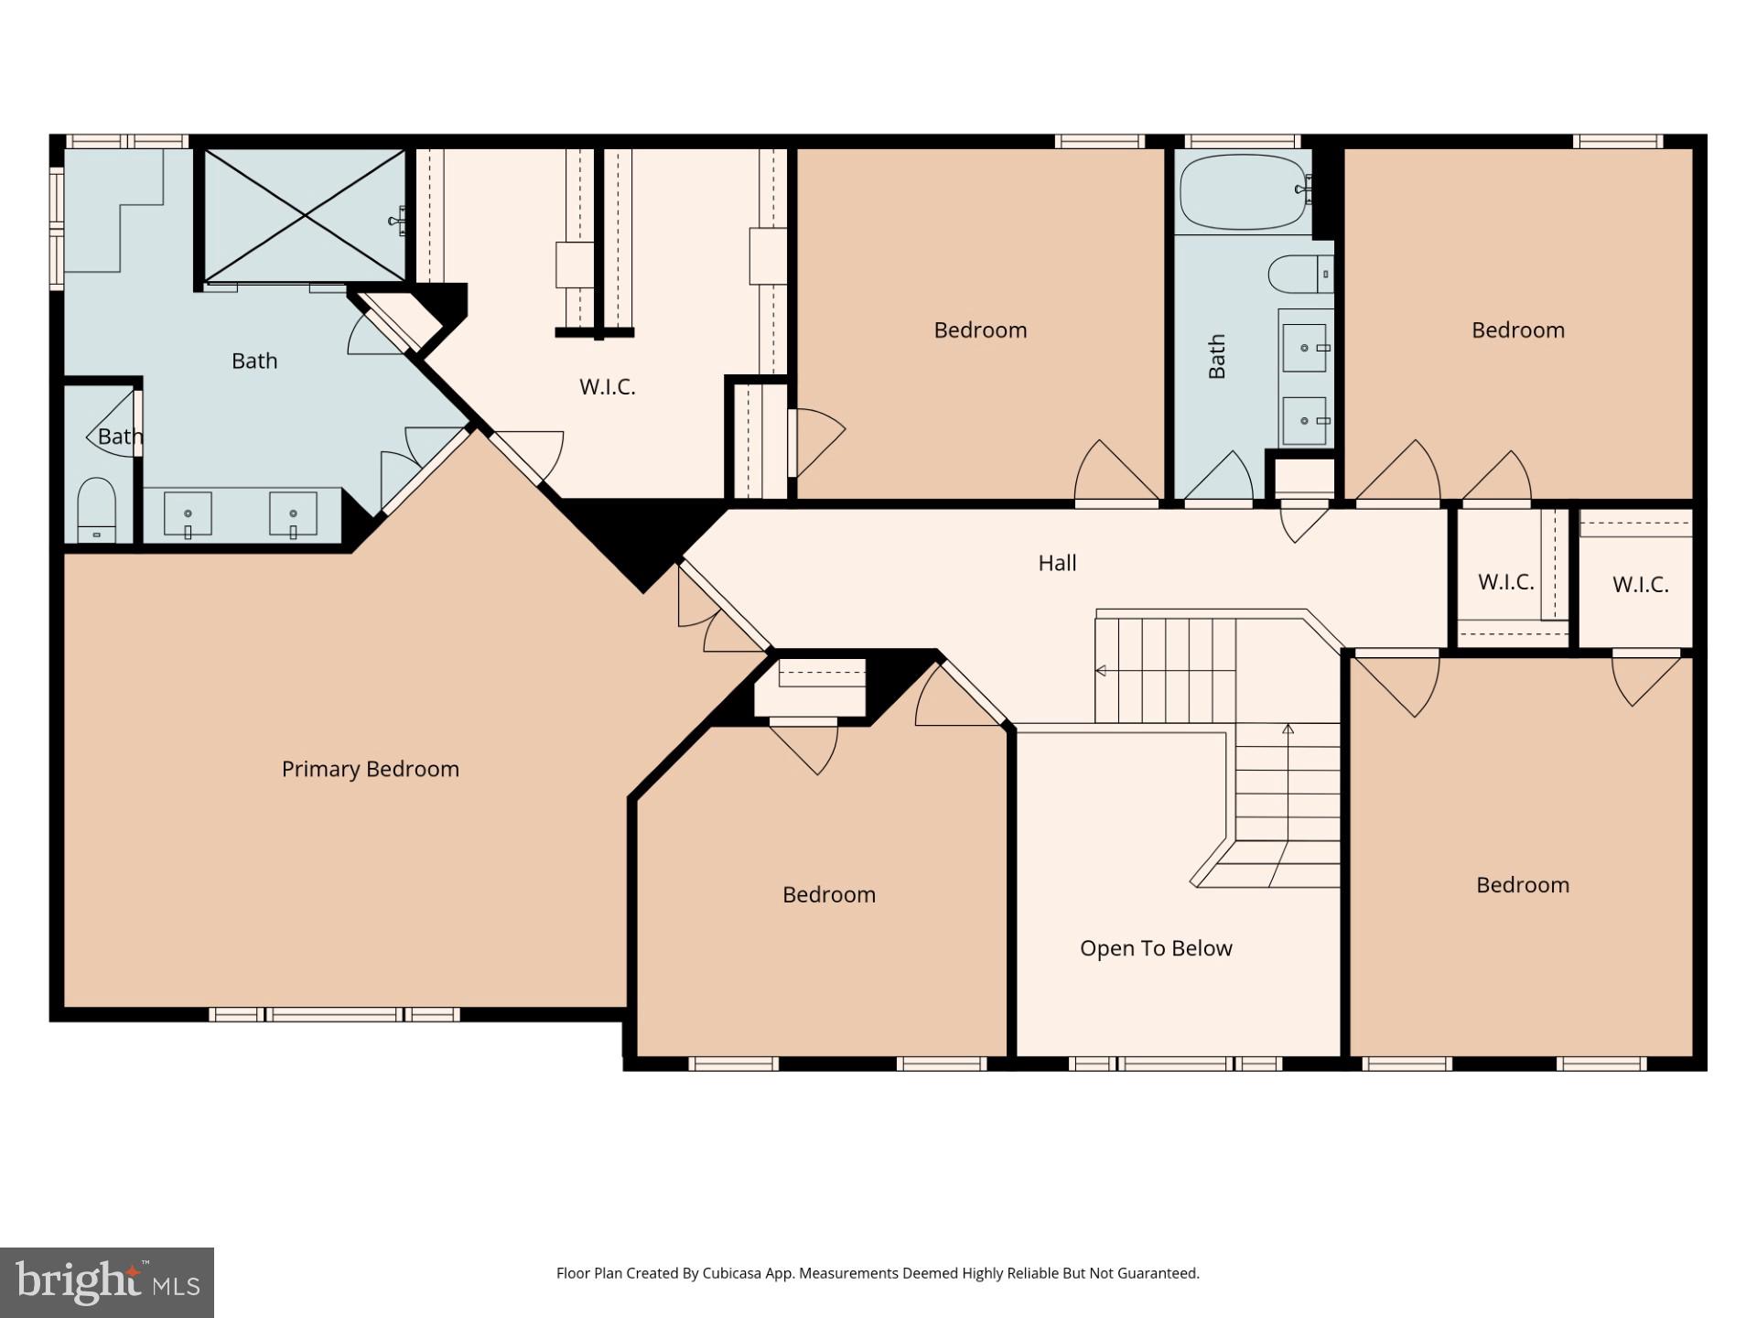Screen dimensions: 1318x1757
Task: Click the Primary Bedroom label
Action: [370, 769]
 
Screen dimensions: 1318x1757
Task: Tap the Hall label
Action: [1057, 563]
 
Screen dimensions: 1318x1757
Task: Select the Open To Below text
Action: [1156, 948]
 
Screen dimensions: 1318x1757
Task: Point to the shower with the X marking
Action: [304, 216]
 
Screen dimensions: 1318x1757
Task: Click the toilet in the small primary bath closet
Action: [96, 509]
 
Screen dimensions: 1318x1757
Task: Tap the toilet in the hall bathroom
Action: [1298, 274]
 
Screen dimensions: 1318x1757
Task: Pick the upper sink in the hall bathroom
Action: [1304, 348]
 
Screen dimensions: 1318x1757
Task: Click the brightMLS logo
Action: [106, 1281]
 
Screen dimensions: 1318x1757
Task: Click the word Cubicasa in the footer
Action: [728, 1273]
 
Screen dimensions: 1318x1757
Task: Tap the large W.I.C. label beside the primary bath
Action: [607, 387]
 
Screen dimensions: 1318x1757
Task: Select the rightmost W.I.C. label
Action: [1640, 585]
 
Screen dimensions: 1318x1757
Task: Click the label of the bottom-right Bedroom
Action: [1522, 885]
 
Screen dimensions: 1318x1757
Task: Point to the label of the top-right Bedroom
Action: [1517, 330]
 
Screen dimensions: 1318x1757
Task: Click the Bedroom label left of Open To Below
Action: [828, 895]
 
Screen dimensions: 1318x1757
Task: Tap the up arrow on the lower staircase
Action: [1288, 729]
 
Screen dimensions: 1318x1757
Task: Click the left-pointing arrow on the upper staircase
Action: [1101, 671]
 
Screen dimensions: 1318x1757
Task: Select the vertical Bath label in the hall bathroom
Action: [1217, 356]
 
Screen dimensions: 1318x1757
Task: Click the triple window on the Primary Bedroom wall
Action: [334, 1014]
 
